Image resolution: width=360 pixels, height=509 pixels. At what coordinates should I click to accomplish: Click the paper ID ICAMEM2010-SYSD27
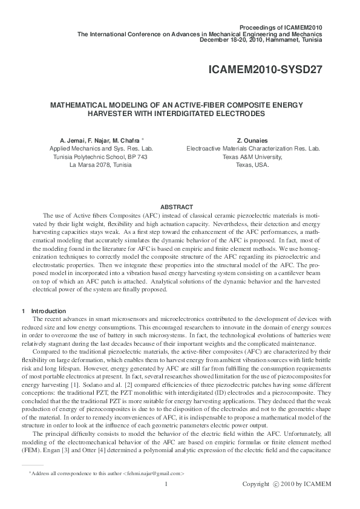265,69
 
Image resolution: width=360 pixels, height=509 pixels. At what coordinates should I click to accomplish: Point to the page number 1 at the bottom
165,484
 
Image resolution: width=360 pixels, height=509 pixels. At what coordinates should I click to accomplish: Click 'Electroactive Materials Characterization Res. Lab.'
253,148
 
